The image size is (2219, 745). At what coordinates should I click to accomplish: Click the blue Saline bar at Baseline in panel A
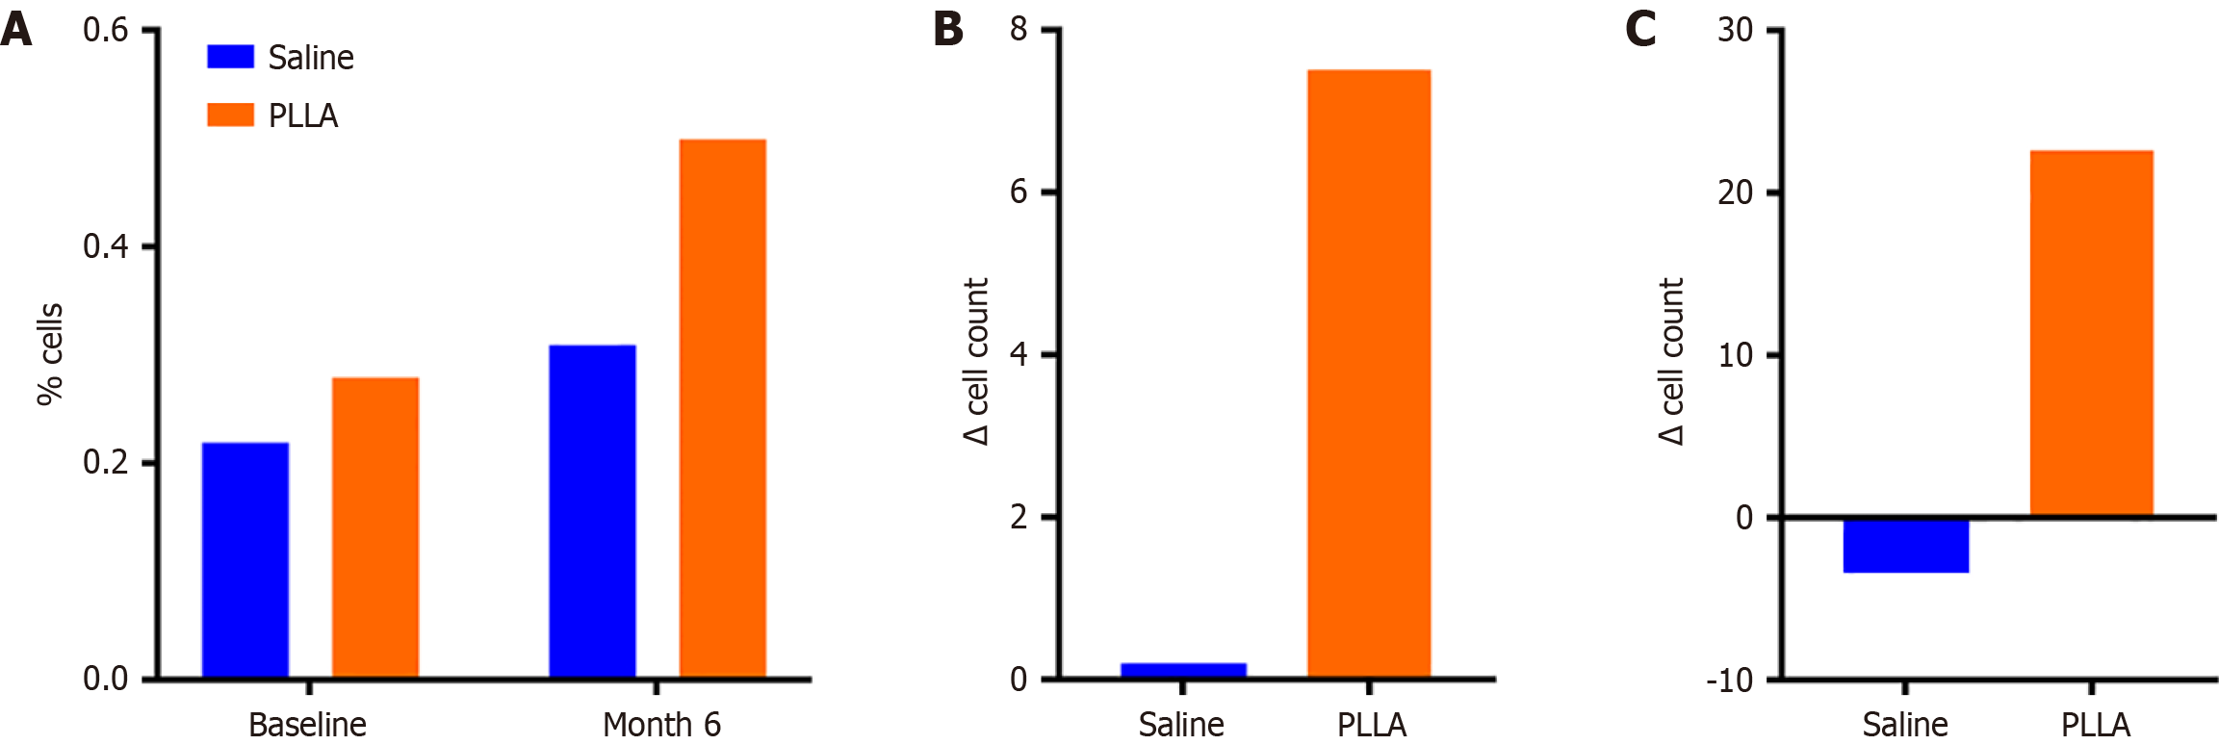(x=245, y=560)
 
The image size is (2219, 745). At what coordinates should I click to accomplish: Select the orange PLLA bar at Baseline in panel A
(x=375, y=527)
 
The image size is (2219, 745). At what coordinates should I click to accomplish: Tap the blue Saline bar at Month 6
(x=592, y=511)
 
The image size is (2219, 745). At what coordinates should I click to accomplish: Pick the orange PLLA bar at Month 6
(x=723, y=409)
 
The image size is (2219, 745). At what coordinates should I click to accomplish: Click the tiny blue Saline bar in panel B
(x=1183, y=671)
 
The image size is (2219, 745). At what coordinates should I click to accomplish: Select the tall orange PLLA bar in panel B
(x=1369, y=373)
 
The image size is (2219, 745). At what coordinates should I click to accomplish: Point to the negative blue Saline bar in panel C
(x=1906, y=546)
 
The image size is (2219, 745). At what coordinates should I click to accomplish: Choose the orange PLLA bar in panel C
(x=2091, y=333)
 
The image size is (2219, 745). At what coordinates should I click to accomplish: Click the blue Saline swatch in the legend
(x=231, y=57)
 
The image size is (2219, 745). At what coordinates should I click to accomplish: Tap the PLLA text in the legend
(x=303, y=116)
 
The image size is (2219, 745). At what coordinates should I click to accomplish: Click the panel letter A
(x=16, y=29)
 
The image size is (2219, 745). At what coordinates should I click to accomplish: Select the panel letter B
(x=948, y=29)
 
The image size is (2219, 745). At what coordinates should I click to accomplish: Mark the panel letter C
(x=1640, y=29)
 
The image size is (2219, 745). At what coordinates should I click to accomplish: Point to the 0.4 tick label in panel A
(x=105, y=246)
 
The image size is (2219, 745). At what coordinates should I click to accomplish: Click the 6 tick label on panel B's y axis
(x=1019, y=193)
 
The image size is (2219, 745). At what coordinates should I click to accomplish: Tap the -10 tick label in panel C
(x=1729, y=681)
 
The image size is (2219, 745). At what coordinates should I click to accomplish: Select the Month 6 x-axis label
(x=661, y=724)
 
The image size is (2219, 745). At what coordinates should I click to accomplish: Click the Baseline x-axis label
(x=307, y=724)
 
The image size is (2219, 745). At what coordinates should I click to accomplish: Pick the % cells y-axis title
(x=50, y=354)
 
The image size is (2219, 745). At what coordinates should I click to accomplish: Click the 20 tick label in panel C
(x=1735, y=193)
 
